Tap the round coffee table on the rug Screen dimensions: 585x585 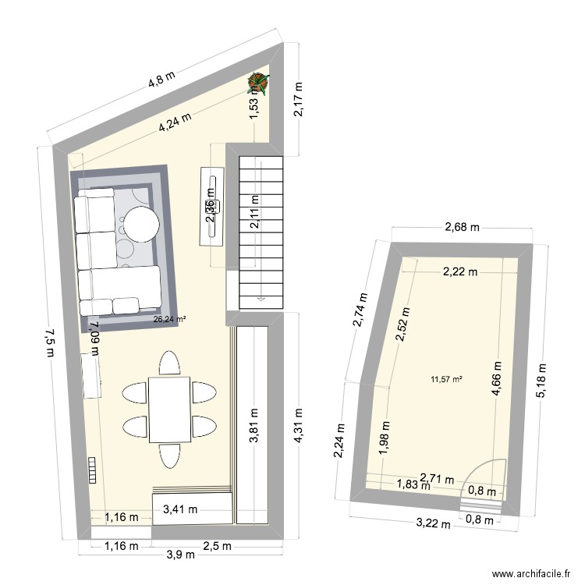[x=143, y=225]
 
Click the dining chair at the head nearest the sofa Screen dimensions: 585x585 [x=169, y=363]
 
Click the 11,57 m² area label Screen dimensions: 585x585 [x=446, y=380]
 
